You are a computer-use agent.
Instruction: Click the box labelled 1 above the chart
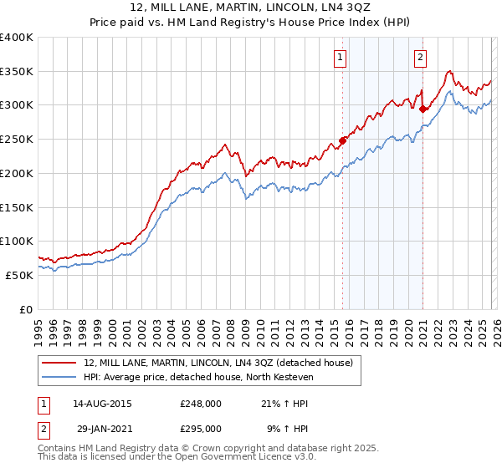[x=341, y=58]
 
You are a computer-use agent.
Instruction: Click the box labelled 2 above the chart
[x=420, y=58]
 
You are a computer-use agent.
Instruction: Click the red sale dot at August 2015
[x=342, y=140]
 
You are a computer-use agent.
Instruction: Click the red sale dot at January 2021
[x=423, y=108]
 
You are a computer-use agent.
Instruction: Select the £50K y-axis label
[x=19, y=275]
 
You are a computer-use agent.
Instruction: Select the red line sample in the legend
[x=61, y=363]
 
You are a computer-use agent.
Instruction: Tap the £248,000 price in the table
[x=201, y=404]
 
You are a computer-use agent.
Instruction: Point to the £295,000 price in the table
[x=201, y=428]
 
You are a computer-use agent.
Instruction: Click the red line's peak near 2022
[x=449, y=72]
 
